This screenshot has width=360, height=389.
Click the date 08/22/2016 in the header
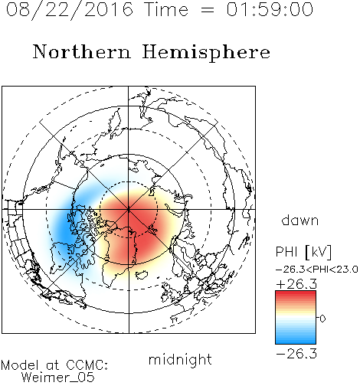pyautogui.click(x=70, y=10)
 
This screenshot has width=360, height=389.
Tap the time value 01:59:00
pyautogui.click(x=270, y=10)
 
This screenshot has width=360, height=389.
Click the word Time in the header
pyautogui.click(x=166, y=10)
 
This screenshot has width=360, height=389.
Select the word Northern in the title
pyautogui.click(x=82, y=51)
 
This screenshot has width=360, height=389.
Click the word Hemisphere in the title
pyautogui.click(x=206, y=53)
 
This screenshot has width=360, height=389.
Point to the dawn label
pyautogui.click(x=300, y=220)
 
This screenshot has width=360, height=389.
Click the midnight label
pyautogui.click(x=180, y=360)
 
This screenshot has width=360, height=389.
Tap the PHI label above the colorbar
pyautogui.click(x=286, y=252)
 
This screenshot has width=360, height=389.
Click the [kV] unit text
pyautogui.click(x=318, y=252)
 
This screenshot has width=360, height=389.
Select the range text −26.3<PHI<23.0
pyautogui.click(x=317, y=270)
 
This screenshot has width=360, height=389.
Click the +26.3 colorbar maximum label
pyautogui.click(x=296, y=284)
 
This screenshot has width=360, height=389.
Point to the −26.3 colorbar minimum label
pyautogui.click(x=296, y=354)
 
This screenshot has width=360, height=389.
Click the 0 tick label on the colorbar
pyautogui.click(x=322, y=319)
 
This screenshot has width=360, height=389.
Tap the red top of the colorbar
pyautogui.click(x=296, y=296)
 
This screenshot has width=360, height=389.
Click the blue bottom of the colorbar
pyautogui.click(x=296, y=339)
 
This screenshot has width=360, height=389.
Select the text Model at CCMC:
pyautogui.click(x=54, y=365)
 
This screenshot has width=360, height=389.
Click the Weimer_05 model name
pyautogui.click(x=58, y=378)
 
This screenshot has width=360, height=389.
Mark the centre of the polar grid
pyautogui.click(x=129, y=210)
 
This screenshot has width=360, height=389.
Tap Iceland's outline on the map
pyautogui.click(x=141, y=275)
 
